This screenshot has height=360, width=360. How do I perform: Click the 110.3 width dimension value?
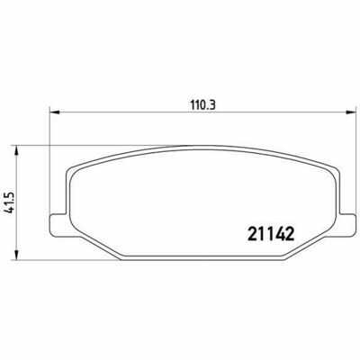click(x=202, y=105)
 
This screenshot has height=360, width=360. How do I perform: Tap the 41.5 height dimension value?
click(x=10, y=202)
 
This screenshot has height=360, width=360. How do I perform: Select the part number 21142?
click(x=270, y=234)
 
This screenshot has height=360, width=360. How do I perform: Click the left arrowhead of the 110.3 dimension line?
click(x=55, y=112)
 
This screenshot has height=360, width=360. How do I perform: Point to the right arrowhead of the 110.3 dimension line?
click(x=350, y=112)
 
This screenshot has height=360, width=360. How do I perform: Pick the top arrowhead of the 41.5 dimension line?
click(x=17, y=151)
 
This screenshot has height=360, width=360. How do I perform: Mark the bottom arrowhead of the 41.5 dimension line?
click(x=17, y=255)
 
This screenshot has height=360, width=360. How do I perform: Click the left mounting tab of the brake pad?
click(x=58, y=224)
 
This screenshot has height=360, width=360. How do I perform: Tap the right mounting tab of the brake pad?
click(x=347, y=224)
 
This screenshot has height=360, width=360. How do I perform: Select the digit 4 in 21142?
click(x=279, y=234)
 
